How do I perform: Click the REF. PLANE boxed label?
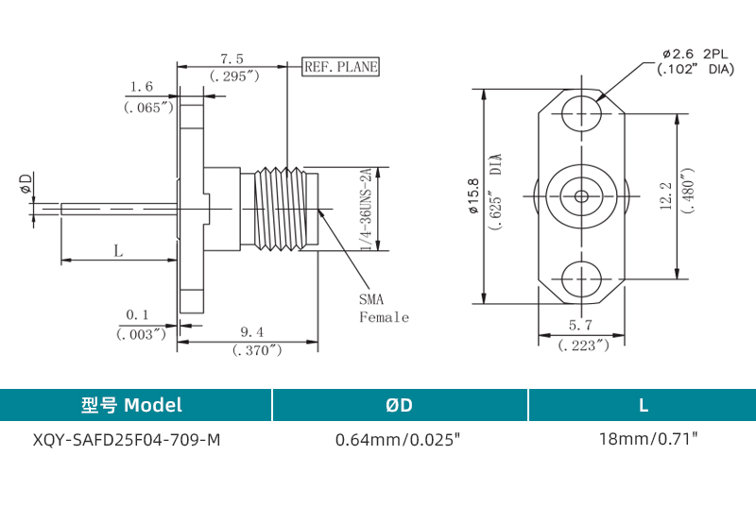(340, 67)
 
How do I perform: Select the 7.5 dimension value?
(232, 58)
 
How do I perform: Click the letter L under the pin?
(118, 250)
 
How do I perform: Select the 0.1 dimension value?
(138, 314)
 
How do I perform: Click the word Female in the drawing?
(384, 317)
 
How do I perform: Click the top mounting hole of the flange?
(580, 114)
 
